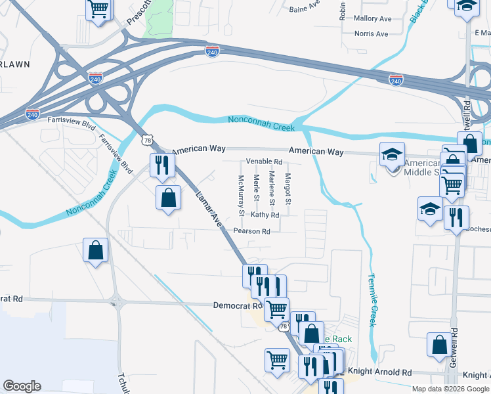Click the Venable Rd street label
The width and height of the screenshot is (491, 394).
(x=264, y=162)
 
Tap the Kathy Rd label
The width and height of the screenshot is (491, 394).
(x=265, y=215)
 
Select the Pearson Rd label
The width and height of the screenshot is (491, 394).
(x=251, y=231)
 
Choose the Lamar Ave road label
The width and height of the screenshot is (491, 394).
(x=209, y=208)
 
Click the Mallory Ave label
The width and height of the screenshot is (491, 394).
(x=372, y=18)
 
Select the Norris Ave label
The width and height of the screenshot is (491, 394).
(x=372, y=33)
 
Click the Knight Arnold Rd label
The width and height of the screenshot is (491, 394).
(x=387, y=371)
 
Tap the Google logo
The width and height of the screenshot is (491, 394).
(x=22, y=386)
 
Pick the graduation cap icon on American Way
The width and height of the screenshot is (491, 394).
(x=392, y=155)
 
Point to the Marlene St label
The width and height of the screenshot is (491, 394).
(x=271, y=187)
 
